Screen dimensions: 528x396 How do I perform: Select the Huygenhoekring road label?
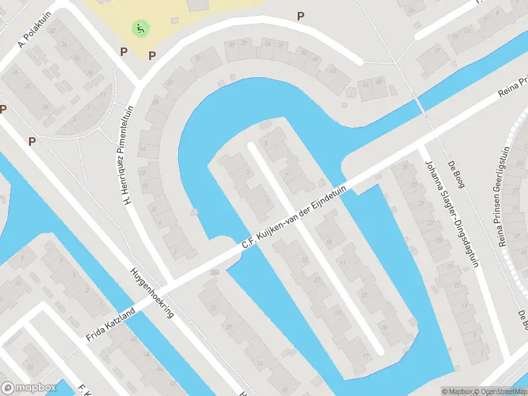[x=152, y=292]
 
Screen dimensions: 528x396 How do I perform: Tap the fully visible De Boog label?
[x=456, y=173]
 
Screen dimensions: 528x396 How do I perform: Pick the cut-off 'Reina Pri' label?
[x=513, y=93]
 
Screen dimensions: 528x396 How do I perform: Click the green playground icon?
[x=141, y=28]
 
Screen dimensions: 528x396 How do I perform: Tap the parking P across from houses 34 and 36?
[x=301, y=16]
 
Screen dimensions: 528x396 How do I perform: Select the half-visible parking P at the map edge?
[x=3, y=109]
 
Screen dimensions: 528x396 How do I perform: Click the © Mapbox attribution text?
[x=457, y=391]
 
